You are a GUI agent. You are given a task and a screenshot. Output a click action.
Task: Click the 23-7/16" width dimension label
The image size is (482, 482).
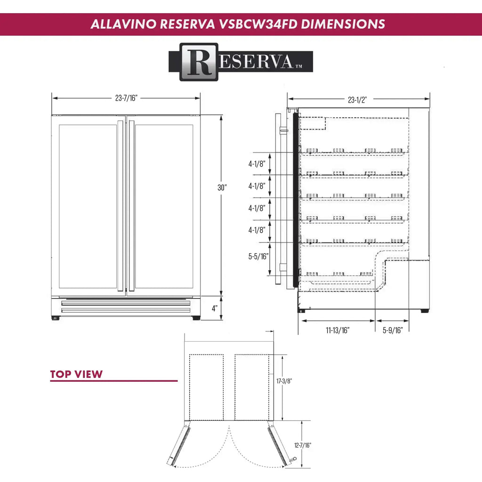point(126,98)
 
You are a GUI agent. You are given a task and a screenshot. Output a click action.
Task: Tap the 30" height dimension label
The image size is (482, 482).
point(222,187)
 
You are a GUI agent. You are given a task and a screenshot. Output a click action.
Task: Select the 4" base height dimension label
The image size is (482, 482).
point(215,309)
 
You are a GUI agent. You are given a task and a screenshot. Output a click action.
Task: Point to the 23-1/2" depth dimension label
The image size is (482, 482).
point(357,99)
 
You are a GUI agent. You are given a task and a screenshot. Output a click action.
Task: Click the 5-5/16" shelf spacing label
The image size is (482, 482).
point(258,256)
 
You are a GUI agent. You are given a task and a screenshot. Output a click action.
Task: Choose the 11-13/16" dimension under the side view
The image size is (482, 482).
point(337,330)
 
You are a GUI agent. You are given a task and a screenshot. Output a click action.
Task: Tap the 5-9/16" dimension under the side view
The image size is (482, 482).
point(393,330)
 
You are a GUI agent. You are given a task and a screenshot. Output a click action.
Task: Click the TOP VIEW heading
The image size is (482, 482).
point(76,375)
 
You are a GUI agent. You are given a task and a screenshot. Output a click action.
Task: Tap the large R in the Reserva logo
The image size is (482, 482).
point(199,62)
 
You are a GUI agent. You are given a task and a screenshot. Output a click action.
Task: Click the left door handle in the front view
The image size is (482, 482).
point(120,206)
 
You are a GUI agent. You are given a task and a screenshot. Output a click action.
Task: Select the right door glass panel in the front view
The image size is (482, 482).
point(164,206)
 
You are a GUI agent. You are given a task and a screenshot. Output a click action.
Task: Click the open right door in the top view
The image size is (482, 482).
point(279,446)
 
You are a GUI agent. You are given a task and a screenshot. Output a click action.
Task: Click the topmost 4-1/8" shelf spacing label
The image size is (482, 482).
point(257,164)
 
